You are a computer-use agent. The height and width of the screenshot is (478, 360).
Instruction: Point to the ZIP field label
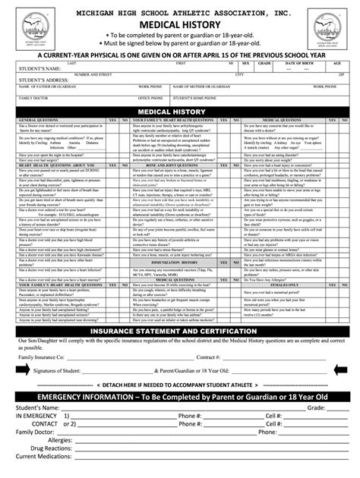click(x=341, y=74)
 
